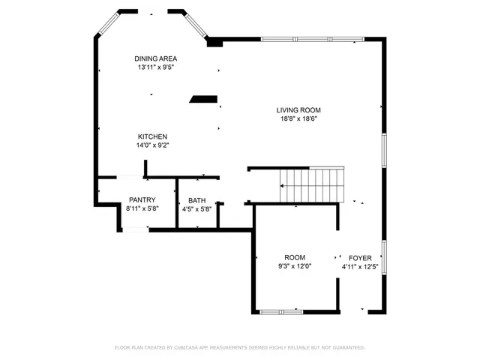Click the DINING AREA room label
click(x=155, y=58)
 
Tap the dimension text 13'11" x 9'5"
click(x=155, y=67)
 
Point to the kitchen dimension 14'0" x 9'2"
click(x=152, y=145)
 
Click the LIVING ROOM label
click(x=298, y=109)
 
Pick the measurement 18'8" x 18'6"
click(x=298, y=118)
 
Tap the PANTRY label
click(x=141, y=199)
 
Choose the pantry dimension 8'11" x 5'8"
click(x=141, y=208)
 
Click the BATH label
click(x=196, y=200)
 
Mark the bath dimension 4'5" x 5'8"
click(x=196, y=209)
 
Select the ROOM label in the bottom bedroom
click(x=294, y=257)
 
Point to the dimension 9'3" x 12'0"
click(x=294, y=266)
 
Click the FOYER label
click(x=360, y=257)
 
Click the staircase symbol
click(x=311, y=185)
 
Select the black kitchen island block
click(x=203, y=98)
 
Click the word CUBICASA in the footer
click(x=191, y=347)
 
